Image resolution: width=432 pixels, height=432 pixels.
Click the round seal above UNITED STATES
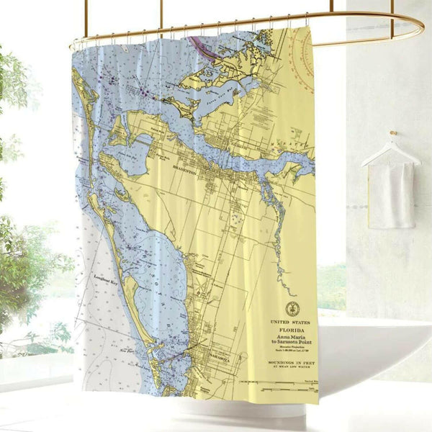point(291,309)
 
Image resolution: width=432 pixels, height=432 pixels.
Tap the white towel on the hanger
point(392,194)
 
